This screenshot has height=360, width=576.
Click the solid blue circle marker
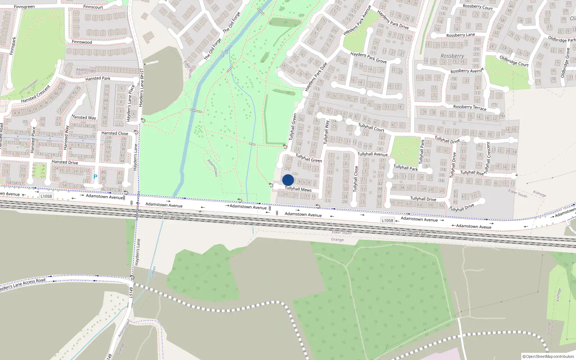pyautogui.click(x=288, y=180)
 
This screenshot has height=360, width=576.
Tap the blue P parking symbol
pyautogui.click(x=95, y=177)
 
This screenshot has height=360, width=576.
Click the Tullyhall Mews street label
pyautogui.click(x=298, y=189)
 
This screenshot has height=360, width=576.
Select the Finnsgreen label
pyautogui.click(x=24, y=7)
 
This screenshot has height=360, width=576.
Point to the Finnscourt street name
pyautogui.click(x=93, y=7)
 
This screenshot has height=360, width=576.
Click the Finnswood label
pyautogui.click(x=82, y=42)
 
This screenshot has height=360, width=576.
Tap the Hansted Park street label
pyautogui.click(x=98, y=78)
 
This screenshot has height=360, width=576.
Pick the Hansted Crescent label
pyautogui.click(x=36, y=94)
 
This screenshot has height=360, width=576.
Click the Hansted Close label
pyautogui.click(x=114, y=133)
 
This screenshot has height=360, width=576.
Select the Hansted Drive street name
pyautogui.click(x=65, y=162)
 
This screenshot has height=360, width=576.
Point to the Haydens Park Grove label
pyautogui.click(x=368, y=58)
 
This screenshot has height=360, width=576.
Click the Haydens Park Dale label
pyautogui.click(x=316, y=77)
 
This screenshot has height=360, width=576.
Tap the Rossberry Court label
pyautogui.click(x=477, y=7)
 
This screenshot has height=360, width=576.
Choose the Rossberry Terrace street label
pyautogui.click(x=469, y=107)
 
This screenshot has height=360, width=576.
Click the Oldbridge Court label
pyautogui.click(x=514, y=60)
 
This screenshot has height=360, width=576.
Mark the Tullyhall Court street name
pyautogui.click(x=371, y=127)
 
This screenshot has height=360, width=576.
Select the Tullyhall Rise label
pyautogui.click(x=472, y=172)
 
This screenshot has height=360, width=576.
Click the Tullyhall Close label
pyautogui.click(x=356, y=179)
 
